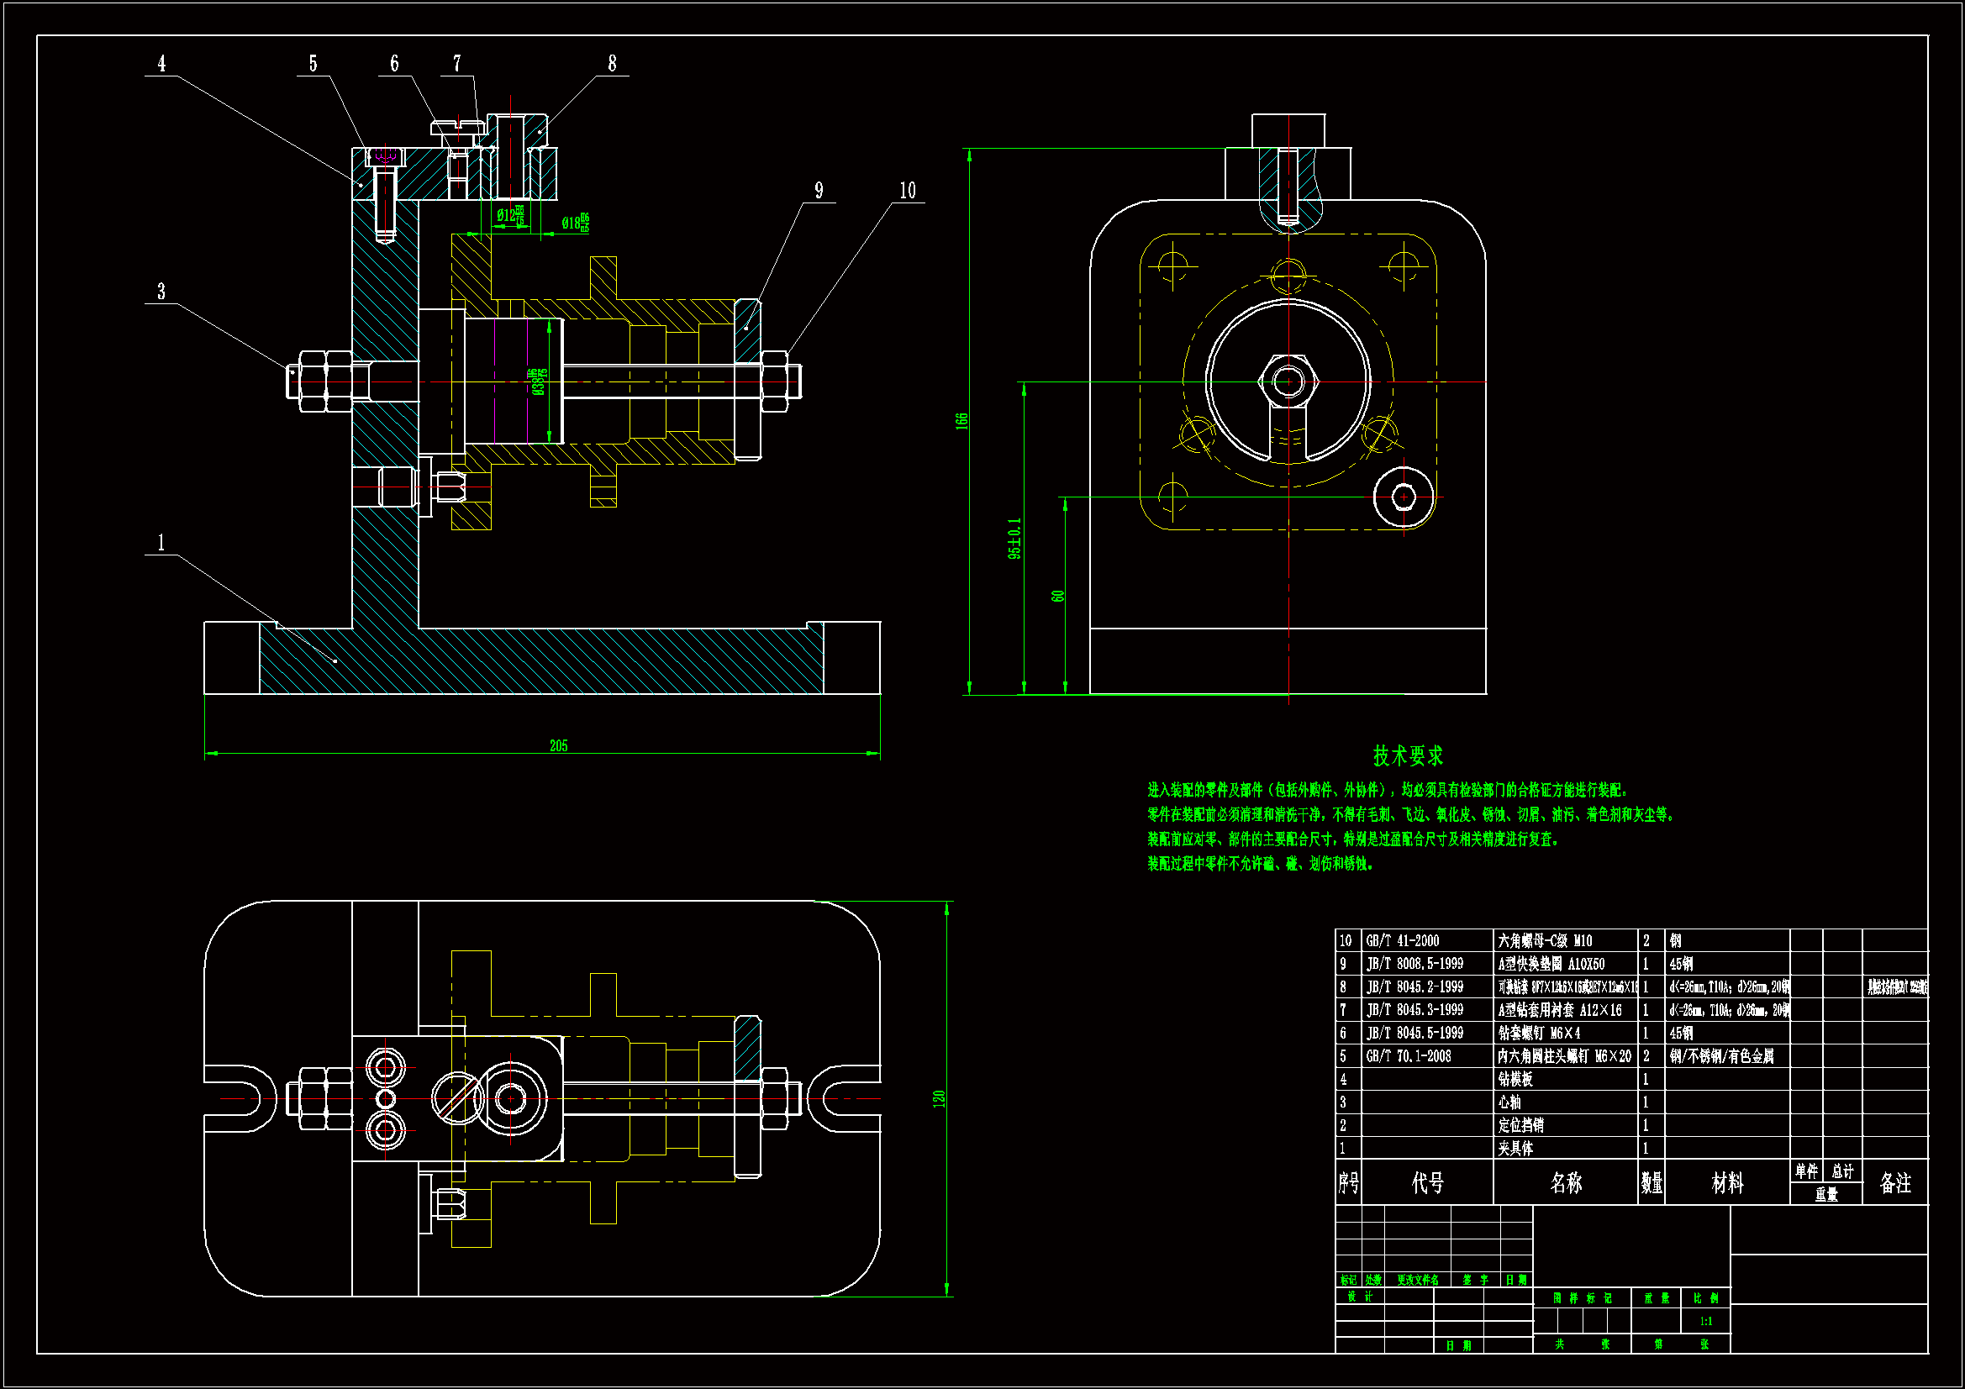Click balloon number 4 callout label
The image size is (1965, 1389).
coord(161,64)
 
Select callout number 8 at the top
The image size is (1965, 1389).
coord(612,64)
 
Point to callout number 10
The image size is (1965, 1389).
coord(907,191)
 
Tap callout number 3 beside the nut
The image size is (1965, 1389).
coord(161,292)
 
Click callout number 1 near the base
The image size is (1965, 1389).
coord(161,543)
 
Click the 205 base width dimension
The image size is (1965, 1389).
coord(558,745)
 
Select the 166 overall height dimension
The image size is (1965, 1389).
coord(962,420)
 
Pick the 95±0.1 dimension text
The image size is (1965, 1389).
coord(1014,539)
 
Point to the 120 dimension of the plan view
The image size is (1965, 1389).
coord(939,1098)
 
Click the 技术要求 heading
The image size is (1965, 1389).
coord(1408,755)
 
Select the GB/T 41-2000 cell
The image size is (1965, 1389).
coord(1403,940)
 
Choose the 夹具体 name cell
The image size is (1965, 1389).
coord(1515,1149)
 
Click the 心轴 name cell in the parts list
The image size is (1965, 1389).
coord(1509,1102)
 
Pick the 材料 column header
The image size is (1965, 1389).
coord(1727,1183)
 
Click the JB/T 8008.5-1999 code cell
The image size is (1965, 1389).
coord(1414,964)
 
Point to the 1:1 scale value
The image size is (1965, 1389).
coord(1705,1322)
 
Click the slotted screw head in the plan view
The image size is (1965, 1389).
coord(458,1097)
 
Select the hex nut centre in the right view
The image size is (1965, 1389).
coord(1288,381)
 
